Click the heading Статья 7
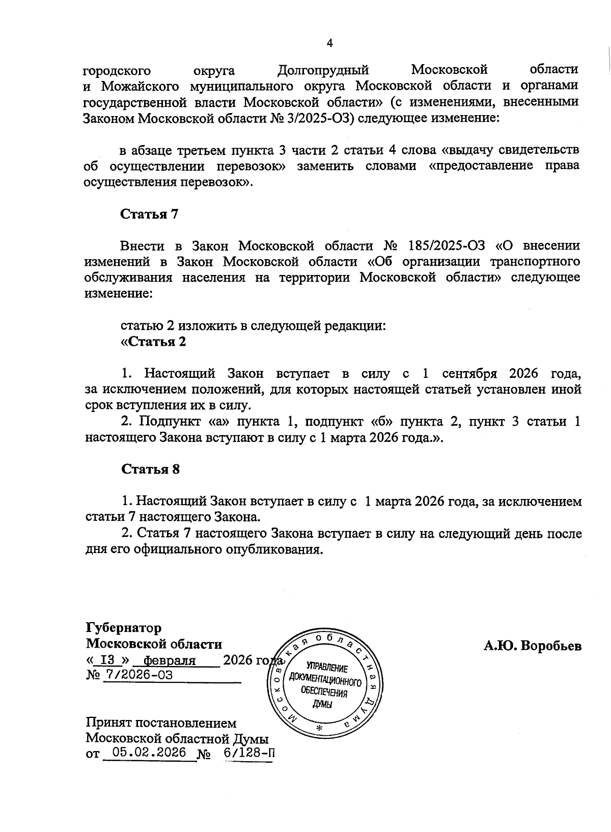[x=149, y=214]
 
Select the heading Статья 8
[x=150, y=469]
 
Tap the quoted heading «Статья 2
[x=153, y=342]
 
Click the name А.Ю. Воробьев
[x=533, y=646]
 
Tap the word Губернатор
[x=124, y=628]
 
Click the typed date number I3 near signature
[x=107, y=660]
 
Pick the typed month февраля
[x=170, y=660]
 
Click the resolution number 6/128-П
[x=248, y=753]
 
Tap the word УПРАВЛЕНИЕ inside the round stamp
[x=326, y=669]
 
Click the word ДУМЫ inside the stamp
[x=322, y=704]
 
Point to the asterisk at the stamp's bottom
[x=320, y=729]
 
